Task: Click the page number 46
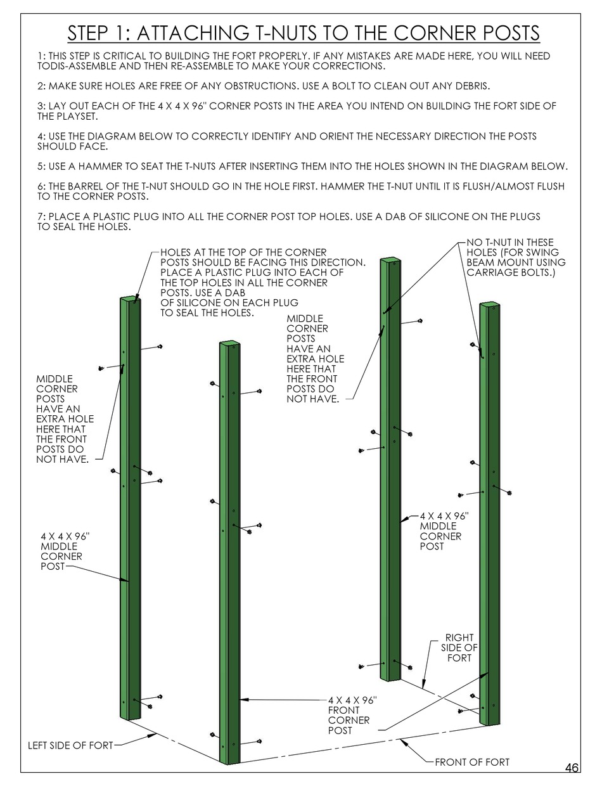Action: click(571, 768)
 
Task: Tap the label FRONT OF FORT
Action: click(471, 762)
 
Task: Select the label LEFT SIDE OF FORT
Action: click(70, 745)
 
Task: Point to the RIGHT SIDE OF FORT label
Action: click(459, 647)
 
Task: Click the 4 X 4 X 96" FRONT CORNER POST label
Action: click(352, 715)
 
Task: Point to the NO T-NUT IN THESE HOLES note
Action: click(515, 257)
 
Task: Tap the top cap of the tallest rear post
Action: click(389, 259)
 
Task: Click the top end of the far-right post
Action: click(490, 305)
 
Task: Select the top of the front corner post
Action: click(230, 344)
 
